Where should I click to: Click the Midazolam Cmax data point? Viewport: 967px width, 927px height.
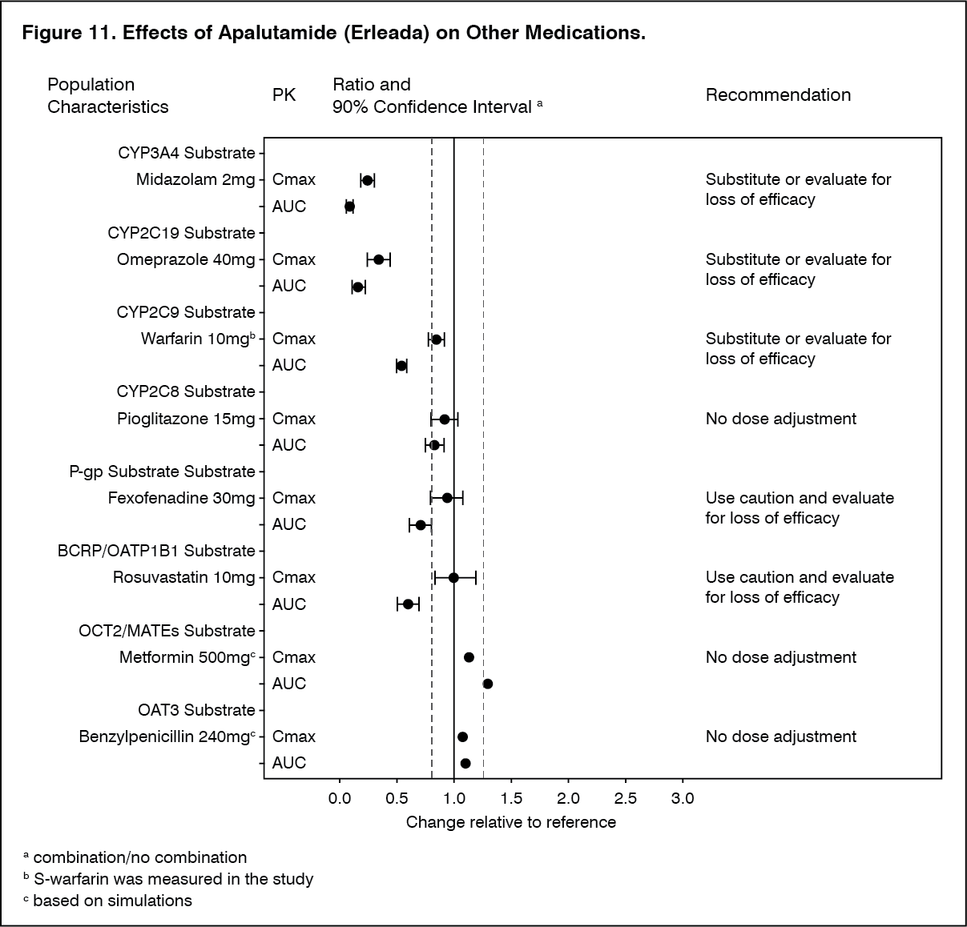click(x=368, y=180)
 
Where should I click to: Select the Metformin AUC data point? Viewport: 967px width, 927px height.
click(x=487, y=684)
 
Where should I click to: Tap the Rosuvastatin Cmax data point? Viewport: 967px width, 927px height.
click(x=453, y=577)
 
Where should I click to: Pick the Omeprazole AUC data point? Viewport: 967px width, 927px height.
click(x=358, y=287)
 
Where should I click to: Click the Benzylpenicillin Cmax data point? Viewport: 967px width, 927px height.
click(x=462, y=736)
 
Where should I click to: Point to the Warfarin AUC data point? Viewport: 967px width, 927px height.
click(x=401, y=366)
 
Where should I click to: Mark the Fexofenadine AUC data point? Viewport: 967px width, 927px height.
click(x=420, y=525)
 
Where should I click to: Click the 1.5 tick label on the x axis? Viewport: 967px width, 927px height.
click(x=511, y=798)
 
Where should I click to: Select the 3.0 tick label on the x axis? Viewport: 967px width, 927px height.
click(x=683, y=798)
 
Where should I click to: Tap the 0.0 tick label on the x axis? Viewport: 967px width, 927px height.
click(x=340, y=798)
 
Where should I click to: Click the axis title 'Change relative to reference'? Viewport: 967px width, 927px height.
click(x=511, y=822)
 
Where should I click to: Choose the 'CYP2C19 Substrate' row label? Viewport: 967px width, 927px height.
click(x=181, y=233)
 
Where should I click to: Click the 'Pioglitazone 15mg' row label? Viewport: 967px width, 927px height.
click(x=186, y=419)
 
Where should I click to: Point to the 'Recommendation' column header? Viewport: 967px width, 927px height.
click(x=778, y=94)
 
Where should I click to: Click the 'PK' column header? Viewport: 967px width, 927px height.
click(x=284, y=95)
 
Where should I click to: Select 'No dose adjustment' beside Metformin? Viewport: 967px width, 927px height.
click(x=780, y=657)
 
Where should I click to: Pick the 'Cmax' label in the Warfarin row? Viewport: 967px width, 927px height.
click(x=294, y=339)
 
